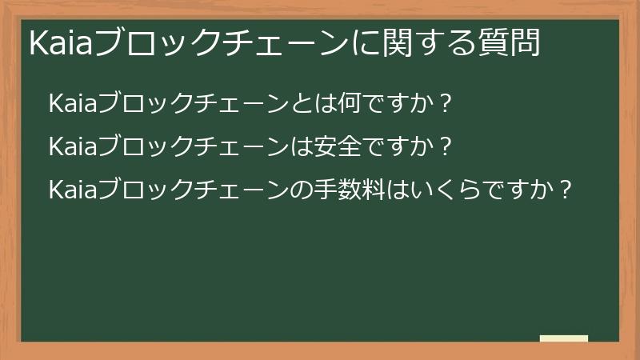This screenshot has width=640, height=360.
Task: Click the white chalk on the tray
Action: point(564,338)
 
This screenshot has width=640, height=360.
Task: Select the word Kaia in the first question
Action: point(73,104)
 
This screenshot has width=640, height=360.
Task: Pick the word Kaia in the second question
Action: point(73,147)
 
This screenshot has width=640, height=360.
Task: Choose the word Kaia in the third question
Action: point(73,190)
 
